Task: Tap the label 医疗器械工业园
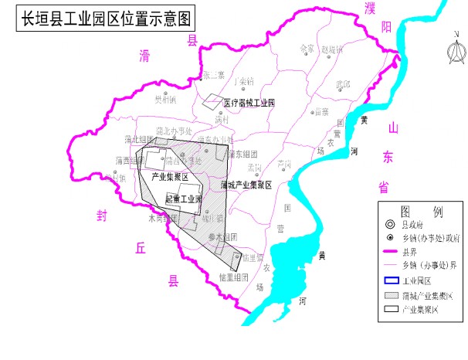pos(249,102)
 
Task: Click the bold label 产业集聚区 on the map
pos(171,177)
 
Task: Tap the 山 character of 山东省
pos(392,127)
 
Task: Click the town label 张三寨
pos(213,75)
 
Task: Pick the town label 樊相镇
pos(164,99)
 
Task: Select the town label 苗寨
pos(321,112)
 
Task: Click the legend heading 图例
pos(421,211)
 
